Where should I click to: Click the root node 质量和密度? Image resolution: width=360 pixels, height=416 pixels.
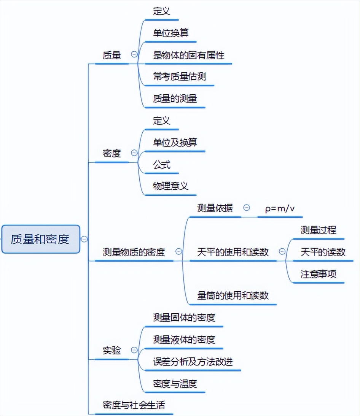pyautogui.click(x=40, y=239)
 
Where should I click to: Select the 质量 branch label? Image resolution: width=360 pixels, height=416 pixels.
pyautogui.click(x=112, y=55)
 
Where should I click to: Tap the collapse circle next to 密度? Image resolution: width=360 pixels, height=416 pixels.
pyautogui.click(x=134, y=153)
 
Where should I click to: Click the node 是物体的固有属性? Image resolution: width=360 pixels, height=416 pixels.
pyautogui.click(x=189, y=55)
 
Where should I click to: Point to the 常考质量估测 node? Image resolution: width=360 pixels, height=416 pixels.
pyautogui.click(x=180, y=77)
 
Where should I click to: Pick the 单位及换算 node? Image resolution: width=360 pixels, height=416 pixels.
pyautogui.click(x=175, y=143)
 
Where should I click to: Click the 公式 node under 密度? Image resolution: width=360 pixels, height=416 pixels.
pyautogui.click(x=162, y=164)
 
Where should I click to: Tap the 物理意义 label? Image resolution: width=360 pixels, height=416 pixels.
pyautogui.click(x=170, y=186)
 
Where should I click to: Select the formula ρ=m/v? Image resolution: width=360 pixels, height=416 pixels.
pyautogui.click(x=280, y=208)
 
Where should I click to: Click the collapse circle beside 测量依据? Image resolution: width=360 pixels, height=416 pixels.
pyautogui.click(x=247, y=208)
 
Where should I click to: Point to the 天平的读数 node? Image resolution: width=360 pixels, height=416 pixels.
pyautogui.click(x=323, y=252)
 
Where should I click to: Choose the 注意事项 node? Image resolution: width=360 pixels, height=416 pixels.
pyautogui.click(x=319, y=274)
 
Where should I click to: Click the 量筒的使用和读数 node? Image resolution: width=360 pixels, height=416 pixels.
pyautogui.click(x=233, y=295)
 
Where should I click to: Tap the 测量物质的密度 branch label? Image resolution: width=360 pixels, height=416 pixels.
pyautogui.click(x=134, y=252)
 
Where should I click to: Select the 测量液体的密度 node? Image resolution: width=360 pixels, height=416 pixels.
pyautogui.click(x=184, y=339)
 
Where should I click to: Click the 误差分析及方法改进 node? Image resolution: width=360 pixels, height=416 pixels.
pyautogui.click(x=193, y=361)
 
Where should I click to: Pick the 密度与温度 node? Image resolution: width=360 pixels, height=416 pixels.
pyautogui.click(x=175, y=383)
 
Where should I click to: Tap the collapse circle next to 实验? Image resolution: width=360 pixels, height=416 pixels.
pyautogui.click(x=134, y=350)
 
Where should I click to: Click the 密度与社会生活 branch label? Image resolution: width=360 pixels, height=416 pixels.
pyautogui.click(x=134, y=405)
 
